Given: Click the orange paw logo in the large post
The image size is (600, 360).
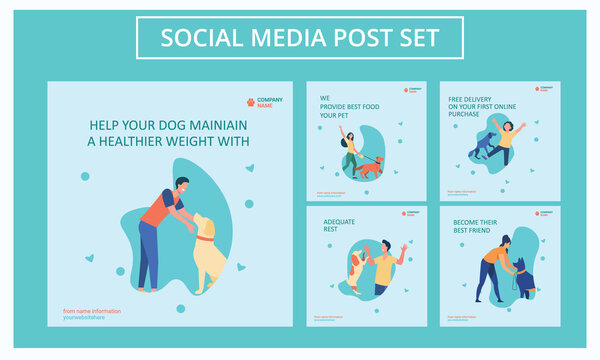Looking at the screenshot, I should pyautogui.click(x=250, y=102).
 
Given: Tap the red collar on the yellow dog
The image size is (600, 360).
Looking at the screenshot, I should pyautogui.click(x=204, y=238).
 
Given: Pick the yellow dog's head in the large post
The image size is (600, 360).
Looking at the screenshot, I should pyautogui.click(x=202, y=224).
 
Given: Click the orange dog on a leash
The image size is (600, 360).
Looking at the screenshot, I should pyautogui.click(x=369, y=166).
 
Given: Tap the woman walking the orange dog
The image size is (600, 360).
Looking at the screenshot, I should pyautogui.click(x=350, y=150).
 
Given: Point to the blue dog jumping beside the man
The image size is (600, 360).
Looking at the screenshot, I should pyautogui.click(x=482, y=146).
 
